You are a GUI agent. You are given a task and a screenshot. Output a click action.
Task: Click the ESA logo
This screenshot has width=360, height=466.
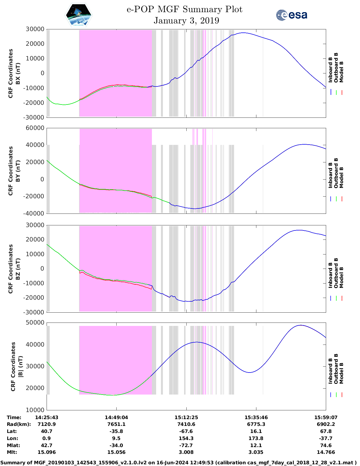click(292, 15)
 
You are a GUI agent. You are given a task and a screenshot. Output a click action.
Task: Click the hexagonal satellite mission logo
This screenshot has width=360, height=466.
click(78, 15)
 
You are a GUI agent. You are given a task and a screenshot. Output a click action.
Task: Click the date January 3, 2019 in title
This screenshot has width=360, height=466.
click(186, 21)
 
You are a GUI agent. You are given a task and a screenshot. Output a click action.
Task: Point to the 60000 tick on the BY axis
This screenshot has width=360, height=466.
click(35, 128)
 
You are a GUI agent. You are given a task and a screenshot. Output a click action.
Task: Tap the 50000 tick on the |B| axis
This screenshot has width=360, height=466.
click(35, 323)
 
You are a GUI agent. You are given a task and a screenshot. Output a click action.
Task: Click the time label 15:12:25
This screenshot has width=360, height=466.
click(186, 417)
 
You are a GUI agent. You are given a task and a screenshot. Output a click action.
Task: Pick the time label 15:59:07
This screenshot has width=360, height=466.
click(326, 417)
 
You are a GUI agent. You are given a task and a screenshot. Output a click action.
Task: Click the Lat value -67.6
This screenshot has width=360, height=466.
click(186, 431)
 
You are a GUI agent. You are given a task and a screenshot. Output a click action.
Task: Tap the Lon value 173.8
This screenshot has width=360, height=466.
click(256, 438)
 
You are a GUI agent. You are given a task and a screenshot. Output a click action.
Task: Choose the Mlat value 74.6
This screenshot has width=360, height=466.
click(326, 445)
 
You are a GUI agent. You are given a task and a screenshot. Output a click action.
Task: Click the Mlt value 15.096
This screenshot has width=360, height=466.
click(47, 452)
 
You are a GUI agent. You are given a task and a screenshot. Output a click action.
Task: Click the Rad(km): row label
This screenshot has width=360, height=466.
click(19, 424)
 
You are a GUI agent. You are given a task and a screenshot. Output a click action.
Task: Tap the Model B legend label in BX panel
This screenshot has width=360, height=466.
click(341, 72)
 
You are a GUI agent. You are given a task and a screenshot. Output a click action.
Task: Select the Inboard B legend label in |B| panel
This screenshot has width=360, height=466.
click(331, 371)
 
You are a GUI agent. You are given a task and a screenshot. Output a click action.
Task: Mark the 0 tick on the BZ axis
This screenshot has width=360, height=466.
click(42, 269)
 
